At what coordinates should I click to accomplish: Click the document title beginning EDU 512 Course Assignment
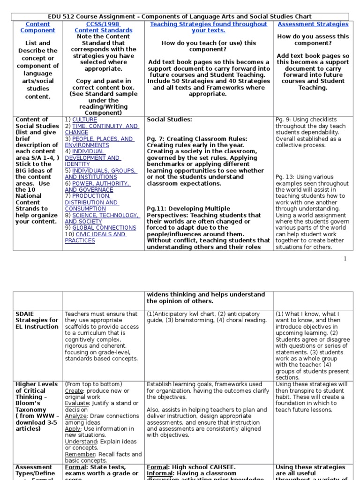tap(180, 16)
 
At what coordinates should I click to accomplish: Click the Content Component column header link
tap(37, 27)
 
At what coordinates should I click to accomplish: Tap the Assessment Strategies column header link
tap(313, 24)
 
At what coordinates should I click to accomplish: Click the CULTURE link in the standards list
tap(85, 120)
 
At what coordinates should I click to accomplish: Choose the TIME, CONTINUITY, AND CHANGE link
tap(101, 129)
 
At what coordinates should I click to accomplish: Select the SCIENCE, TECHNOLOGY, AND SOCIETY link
tap(102, 218)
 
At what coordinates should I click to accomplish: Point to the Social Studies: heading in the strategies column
tap(169, 120)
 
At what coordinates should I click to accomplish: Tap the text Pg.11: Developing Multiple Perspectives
tap(188, 209)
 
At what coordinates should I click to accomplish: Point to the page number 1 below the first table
tap(345, 259)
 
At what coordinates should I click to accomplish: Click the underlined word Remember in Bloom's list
tap(80, 454)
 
